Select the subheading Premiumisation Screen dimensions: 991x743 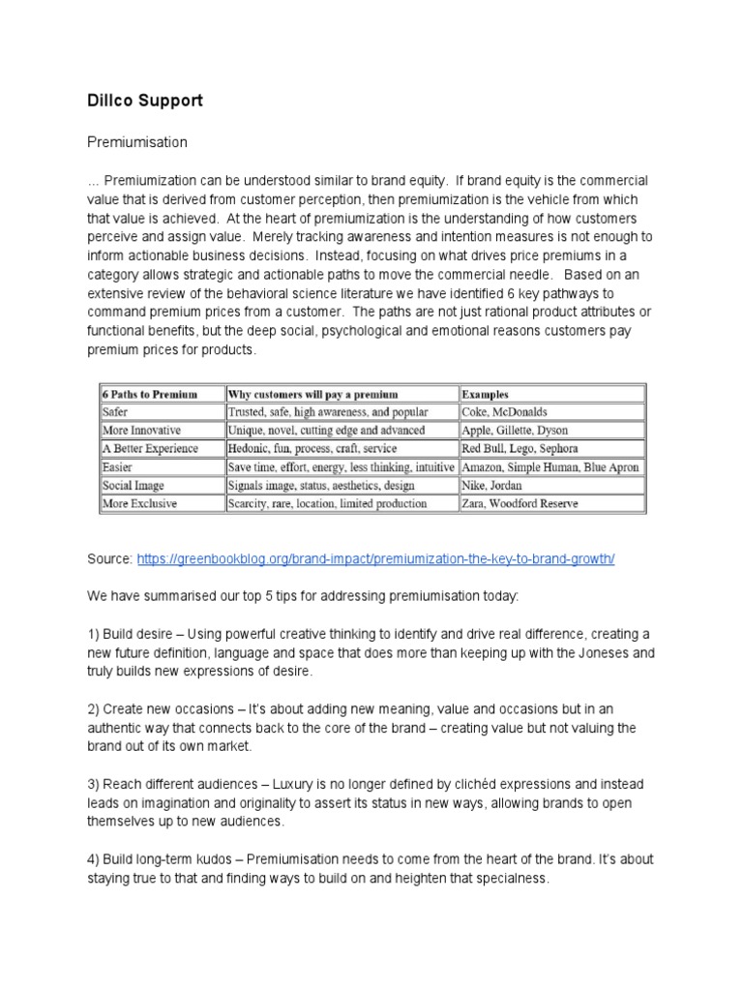137,142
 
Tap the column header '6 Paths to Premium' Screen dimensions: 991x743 150,394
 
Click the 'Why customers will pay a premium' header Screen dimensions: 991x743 312,394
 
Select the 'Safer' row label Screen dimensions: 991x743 115,412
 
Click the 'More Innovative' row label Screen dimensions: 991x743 142,431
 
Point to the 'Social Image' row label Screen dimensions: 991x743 134,486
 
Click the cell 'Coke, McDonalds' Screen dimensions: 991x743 504,412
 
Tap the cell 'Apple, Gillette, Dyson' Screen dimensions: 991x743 516,431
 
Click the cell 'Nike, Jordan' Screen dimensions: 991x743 493,486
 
